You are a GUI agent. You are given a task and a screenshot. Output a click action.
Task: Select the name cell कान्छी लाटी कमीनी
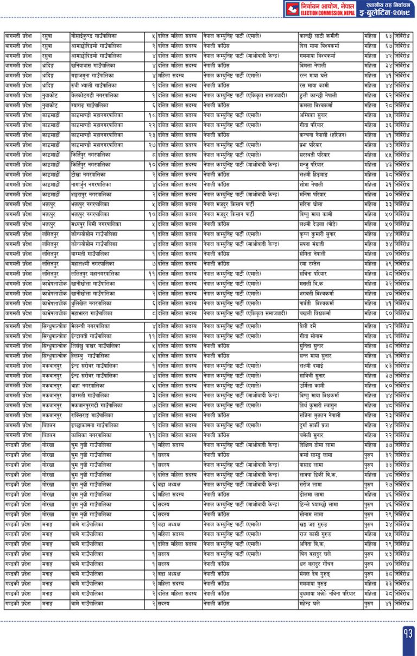click(320, 36)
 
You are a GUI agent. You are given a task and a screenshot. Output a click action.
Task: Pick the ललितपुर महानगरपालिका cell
click(99, 274)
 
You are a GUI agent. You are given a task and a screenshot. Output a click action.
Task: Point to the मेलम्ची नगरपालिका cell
click(90, 326)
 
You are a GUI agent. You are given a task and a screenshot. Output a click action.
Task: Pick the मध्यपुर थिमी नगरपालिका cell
click(96, 224)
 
